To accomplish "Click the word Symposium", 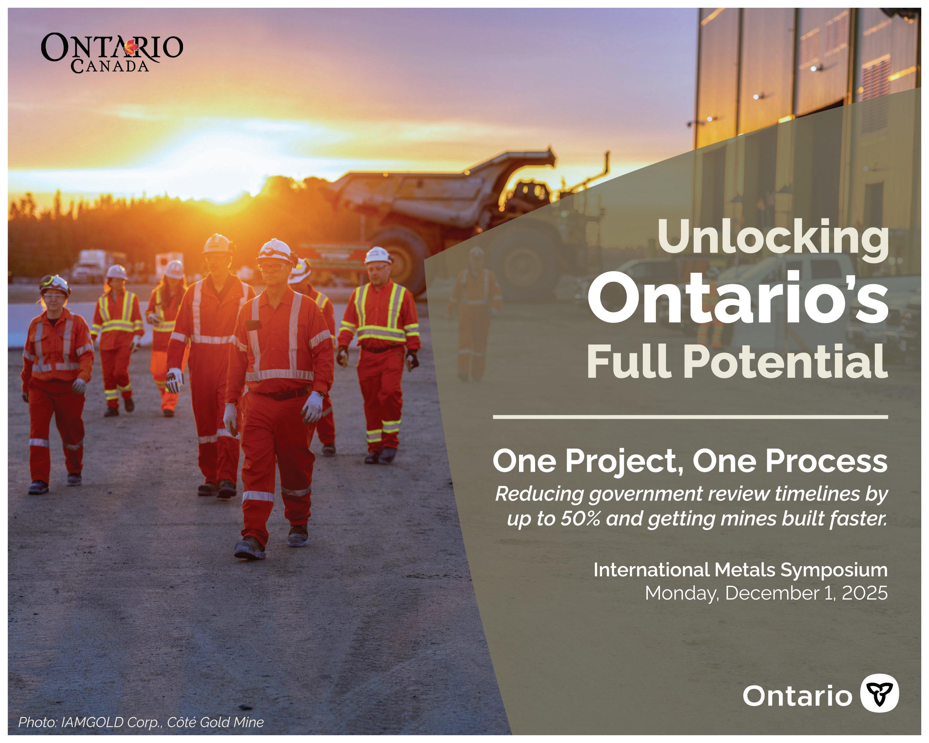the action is pyautogui.click(x=834, y=570).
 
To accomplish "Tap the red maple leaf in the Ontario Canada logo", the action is pyautogui.click(x=130, y=48).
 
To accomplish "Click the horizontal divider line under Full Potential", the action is pyautogui.click(x=690, y=417).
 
